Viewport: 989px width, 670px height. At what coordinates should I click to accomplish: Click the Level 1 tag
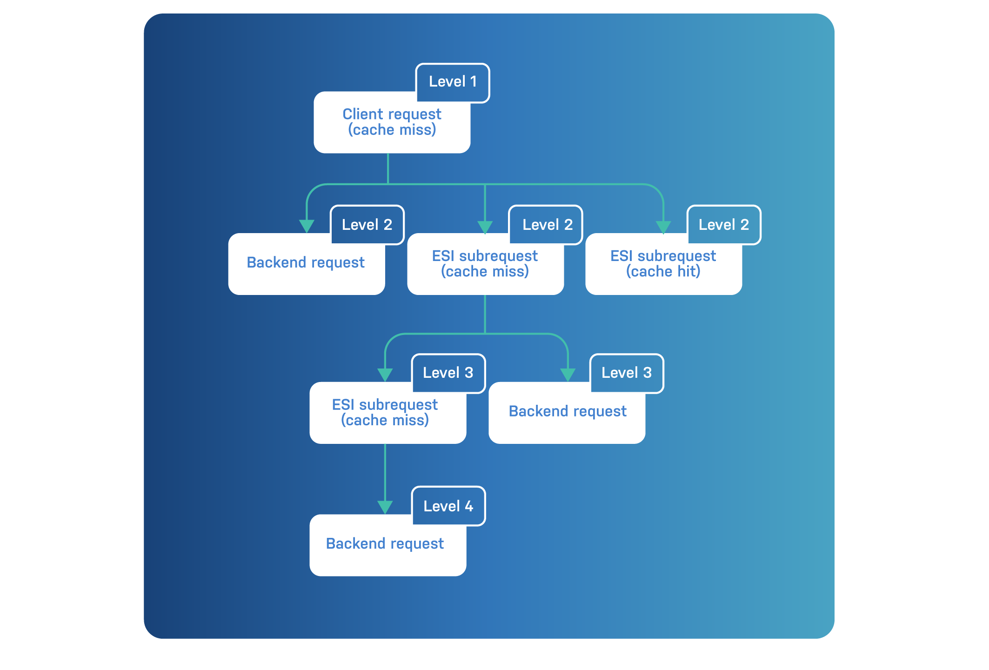pos(452,82)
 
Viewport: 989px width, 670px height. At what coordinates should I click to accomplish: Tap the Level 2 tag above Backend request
pos(367,225)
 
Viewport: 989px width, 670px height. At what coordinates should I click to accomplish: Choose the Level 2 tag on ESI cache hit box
pos(724,225)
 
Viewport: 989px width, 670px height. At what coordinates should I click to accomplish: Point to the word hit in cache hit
pos(688,271)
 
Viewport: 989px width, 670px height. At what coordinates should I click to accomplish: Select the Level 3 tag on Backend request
pos(627,373)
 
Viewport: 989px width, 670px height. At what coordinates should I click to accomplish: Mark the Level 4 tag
pos(448,506)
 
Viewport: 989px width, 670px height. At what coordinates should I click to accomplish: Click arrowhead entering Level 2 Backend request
pos(307,226)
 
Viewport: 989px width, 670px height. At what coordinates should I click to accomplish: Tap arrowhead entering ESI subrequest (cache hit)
pos(663,227)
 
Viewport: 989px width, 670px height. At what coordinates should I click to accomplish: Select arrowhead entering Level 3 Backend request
pos(568,375)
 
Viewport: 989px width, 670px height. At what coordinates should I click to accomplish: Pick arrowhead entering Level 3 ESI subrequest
pos(385,375)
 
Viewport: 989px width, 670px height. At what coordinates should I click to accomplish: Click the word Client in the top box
pos(362,114)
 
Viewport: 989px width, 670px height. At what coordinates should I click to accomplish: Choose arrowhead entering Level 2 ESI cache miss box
pos(485,227)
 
